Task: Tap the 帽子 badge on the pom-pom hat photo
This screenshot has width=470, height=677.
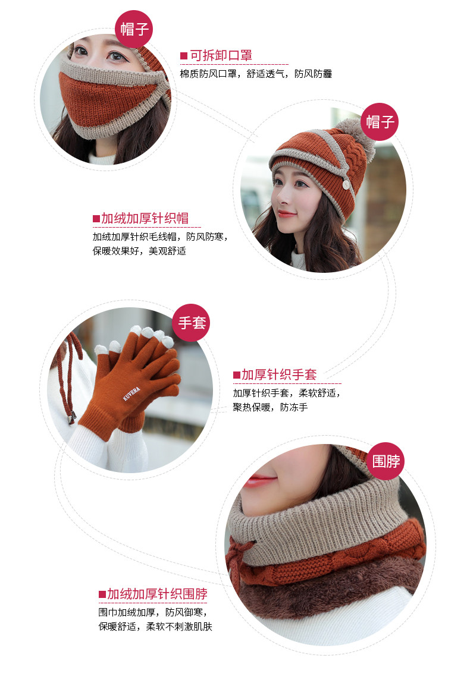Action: pyautogui.click(x=380, y=122)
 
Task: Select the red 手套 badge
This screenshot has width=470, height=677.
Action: pyautogui.click(x=192, y=323)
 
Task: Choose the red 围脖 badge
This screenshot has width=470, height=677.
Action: pyautogui.click(x=386, y=461)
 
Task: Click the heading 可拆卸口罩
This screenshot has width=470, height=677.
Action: pyautogui.click(x=221, y=56)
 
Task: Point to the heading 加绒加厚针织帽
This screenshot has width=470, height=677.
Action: pyautogui.click(x=145, y=218)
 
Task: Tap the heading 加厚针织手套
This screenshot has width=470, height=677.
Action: pyautogui.click(x=279, y=374)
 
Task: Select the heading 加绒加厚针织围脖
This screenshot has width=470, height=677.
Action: pyautogui.click(x=157, y=594)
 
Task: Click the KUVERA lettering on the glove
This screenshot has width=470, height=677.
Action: pyautogui.click(x=133, y=393)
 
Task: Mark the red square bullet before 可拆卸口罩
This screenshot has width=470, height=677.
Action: pyautogui.click(x=184, y=56)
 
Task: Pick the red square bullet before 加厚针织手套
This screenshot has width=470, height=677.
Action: pyautogui.click(x=236, y=375)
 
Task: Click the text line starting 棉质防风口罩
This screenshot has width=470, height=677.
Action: pyautogui.click(x=256, y=74)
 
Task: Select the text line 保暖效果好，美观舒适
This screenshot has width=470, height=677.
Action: pyautogui.click(x=139, y=251)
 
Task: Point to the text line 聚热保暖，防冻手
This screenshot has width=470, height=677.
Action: pyautogui.click(x=270, y=408)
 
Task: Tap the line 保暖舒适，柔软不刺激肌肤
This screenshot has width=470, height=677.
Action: pyautogui.click(x=155, y=626)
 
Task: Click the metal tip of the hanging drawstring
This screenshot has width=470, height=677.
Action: pyautogui.click(x=72, y=418)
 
